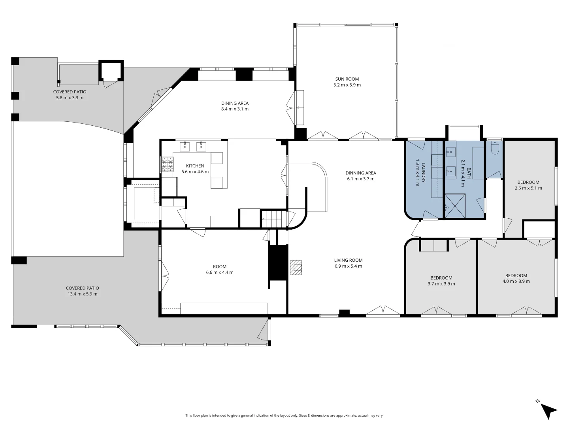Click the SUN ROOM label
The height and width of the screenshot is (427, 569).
pyautogui.click(x=347, y=79)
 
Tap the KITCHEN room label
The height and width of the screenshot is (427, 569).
pyautogui.click(x=195, y=166)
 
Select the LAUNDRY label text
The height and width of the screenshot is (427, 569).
pyautogui.click(x=423, y=173)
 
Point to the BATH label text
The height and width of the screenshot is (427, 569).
pyautogui.click(x=469, y=173)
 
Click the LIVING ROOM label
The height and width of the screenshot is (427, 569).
pyautogui.click(x=348, y=260)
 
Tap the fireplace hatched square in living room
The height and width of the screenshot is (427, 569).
pyautogui.click(x=296, y=267)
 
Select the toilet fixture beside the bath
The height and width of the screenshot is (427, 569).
pyautogui.click(x=494, y=148)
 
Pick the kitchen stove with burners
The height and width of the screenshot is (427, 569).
pyautogui.click(x=167, y=164)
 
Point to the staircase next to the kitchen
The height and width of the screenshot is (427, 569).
pyautogui.click(x=273, y=219)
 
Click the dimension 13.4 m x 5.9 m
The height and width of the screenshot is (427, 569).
pyautogui.click(x=82, y=294)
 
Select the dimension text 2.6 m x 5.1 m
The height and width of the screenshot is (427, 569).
pyautogui.click(x=528, y=188)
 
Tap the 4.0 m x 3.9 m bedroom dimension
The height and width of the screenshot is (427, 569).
pyautogui.click(x=516, y=282)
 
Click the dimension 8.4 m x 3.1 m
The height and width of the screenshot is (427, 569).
pyautogui.click(x=235, y=109)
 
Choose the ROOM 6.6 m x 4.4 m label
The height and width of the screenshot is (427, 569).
pyautogui.click(x=220, y=269)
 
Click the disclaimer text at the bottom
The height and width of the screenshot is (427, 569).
pyautogui.click(x=284, y=416)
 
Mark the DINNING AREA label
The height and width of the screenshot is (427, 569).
pyautogui.click(x=360, y=173)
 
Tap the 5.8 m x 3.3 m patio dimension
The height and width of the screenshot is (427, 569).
pyautogui.click(x=70, y=98)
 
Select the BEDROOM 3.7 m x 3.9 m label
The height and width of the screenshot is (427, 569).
pyautogui.click(x=441, y=281)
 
